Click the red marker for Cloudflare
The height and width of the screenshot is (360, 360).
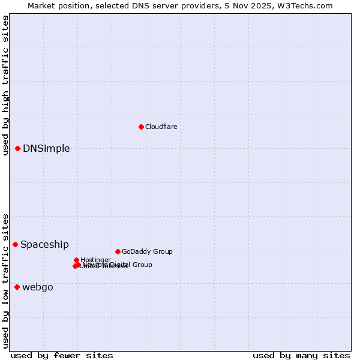click(141, 127)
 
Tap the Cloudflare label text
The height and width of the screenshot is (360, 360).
click(161, 127)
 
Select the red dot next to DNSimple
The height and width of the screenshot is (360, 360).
click(18, 148)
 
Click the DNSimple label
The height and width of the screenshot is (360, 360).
click(46, 149)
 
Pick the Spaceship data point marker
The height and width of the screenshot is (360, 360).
click(16, 244)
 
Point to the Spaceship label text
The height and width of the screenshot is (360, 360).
click(44, 245)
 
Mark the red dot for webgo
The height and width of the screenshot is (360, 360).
click(17, 287)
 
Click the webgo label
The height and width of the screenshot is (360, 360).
click(38, 287)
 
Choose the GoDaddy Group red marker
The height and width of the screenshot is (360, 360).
click(118, 251)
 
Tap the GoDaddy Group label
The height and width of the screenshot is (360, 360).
click(147, 252)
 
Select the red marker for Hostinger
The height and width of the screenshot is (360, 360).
click(77, 260)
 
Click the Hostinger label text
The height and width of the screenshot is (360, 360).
click(95, 260)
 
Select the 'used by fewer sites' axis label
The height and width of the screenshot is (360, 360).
click(62, 356)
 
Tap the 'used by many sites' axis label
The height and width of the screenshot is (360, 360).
click(301, 356)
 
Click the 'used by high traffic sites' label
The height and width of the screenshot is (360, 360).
click(5, 85)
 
